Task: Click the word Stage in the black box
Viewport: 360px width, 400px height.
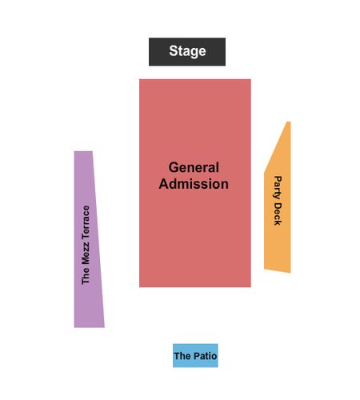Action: click(187, 51)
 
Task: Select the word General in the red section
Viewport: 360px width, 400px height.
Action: click(194, 167)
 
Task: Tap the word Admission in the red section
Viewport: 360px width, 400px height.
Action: click(194, 184)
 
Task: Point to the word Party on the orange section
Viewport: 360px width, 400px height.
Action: click(278, 187)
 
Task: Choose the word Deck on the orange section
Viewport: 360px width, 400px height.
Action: click(278, 214)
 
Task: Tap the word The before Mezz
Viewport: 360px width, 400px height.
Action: click(86, 276)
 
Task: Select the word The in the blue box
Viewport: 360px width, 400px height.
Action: click(182, 356)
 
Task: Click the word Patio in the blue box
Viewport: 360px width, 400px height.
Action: click(206, 356)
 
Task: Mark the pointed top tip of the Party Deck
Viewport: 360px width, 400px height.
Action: click(289, 122)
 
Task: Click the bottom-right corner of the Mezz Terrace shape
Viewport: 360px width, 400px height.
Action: click(104, 327)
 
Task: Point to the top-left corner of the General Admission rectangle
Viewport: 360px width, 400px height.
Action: click(139, 79)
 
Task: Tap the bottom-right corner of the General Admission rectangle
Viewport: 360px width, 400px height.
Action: click(250, 286)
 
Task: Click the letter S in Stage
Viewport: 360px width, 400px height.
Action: click(174, 50)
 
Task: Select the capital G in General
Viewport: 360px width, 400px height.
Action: click(174, 167)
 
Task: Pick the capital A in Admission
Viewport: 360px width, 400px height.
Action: click(164, 184)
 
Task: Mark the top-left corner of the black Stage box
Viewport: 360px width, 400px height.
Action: click(149, 38)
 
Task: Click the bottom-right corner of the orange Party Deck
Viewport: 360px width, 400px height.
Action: click(290, 273)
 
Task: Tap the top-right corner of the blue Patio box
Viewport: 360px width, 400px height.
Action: click(218, 344)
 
